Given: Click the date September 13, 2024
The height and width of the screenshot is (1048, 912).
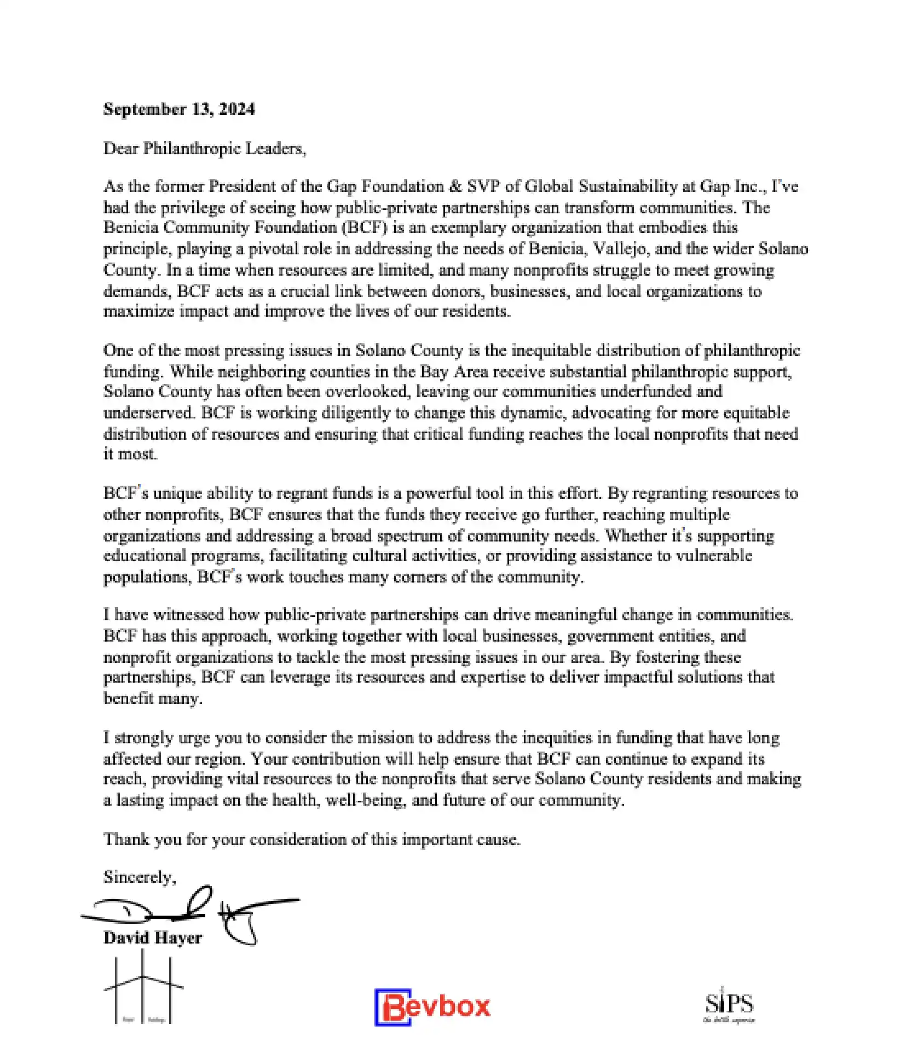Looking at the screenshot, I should click(x=179, y=109).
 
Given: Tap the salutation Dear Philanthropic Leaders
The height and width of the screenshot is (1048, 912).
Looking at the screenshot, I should click(x=204, y=148).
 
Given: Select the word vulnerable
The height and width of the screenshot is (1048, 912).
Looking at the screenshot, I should click(x=714, y=556).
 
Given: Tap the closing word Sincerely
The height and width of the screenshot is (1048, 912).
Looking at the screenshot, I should click(x=139, y=877).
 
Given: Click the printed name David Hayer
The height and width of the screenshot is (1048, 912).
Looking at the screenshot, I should click(x=152, y=938).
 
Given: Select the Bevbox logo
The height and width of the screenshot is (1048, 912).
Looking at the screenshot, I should click(x=432, y=1007).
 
